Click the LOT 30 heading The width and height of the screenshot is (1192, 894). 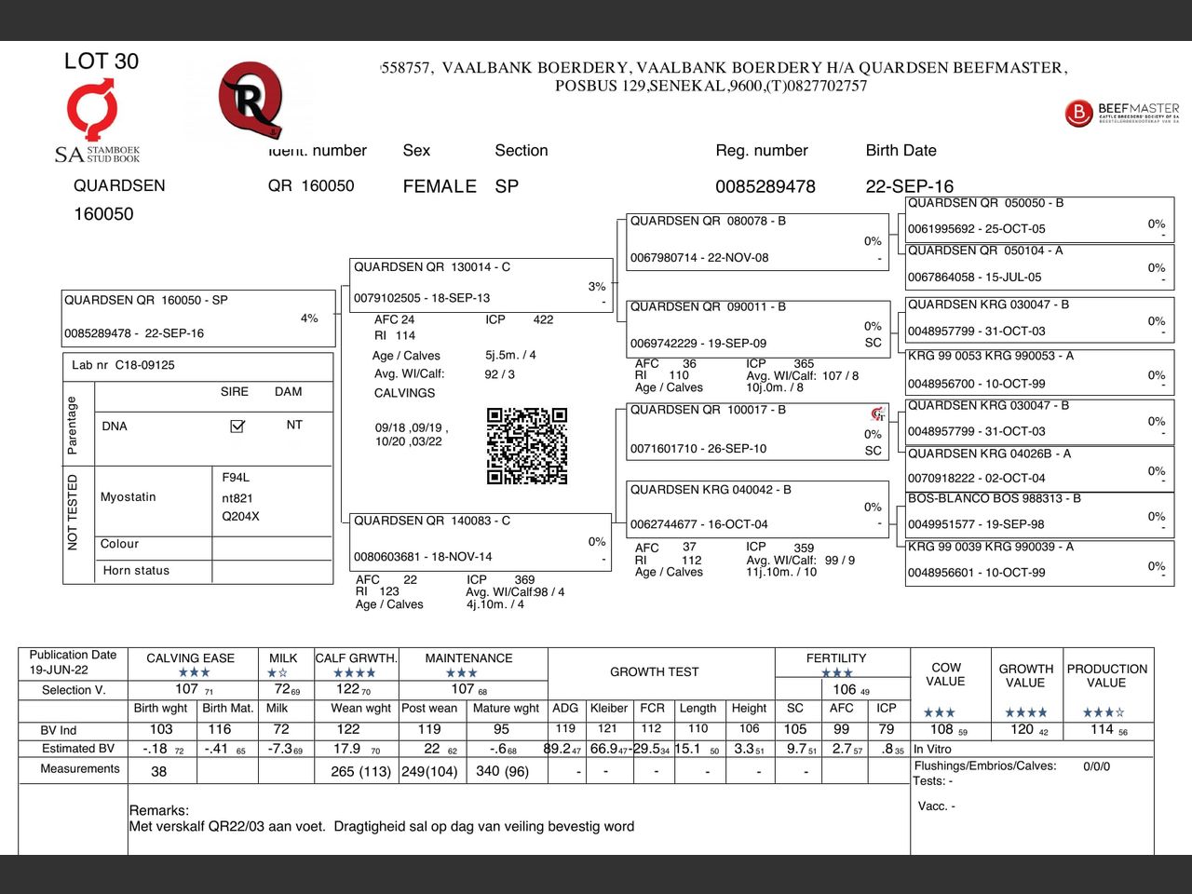point(102,61)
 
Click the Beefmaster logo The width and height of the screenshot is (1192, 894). point(1121,113)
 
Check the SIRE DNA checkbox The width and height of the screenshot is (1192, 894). point(237,426)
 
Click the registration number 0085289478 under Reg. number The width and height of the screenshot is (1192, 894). point(765,186)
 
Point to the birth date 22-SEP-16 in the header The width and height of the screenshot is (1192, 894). point(909,186)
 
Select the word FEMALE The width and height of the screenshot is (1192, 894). point(440,186)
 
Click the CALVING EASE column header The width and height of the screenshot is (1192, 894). point(191,658)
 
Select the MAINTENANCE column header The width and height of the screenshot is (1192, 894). point(468,658)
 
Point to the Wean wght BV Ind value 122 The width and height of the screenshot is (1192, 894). point(348,729)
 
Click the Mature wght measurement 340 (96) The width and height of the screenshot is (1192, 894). point(503,771)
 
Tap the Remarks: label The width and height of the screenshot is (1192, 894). point(159,810)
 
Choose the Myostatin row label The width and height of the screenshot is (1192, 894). point(129,497)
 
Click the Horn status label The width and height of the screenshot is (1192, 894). point(136,571)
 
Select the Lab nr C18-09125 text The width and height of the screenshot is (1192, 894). point(123,365)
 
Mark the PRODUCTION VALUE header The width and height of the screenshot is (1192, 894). point(1106,675)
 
